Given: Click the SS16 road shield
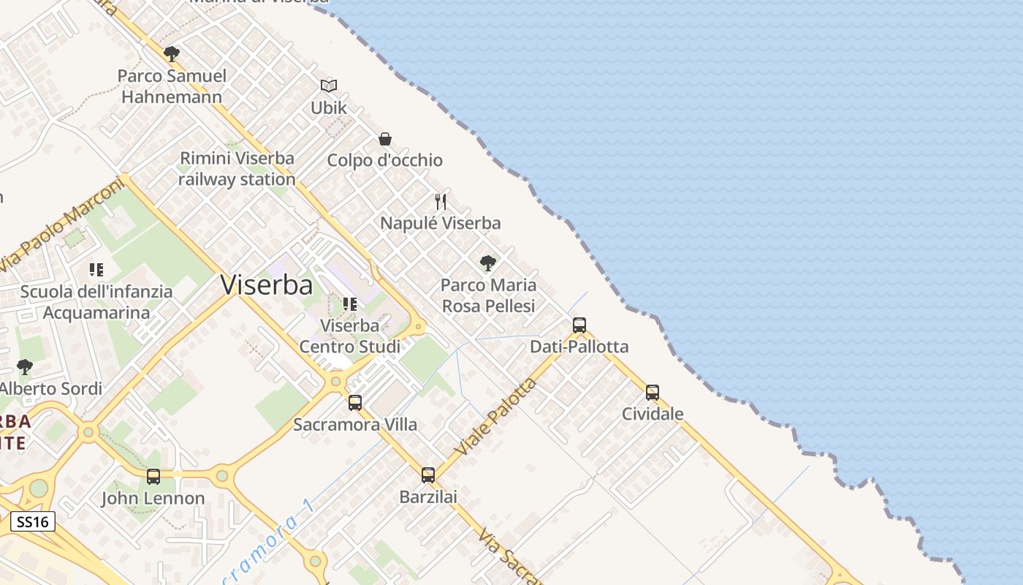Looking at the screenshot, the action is (33, 521).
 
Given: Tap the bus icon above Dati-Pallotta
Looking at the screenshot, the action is (579, 325).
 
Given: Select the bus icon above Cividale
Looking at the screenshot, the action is (653, 393).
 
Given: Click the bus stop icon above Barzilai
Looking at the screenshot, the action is (428, 475).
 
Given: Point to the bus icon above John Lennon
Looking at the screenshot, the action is (153, 477).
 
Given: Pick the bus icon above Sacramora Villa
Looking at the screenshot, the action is (355, 402).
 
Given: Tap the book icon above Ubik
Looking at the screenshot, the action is (329, 86).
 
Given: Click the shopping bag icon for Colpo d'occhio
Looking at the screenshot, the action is (385, 139).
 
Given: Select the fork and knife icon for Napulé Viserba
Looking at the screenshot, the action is (441, 202).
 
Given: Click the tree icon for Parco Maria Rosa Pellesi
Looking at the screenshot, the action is (488, 263).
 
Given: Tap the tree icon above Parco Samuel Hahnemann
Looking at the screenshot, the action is (172, 54).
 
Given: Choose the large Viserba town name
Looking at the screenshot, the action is (267, 284).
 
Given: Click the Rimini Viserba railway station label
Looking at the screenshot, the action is (237, 169).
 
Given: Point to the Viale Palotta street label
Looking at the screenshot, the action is (495, 415).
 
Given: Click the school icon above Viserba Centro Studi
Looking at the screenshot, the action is (350, 304).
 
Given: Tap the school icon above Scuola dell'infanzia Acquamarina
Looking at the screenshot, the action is (96, 270).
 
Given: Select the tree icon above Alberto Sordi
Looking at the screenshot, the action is (25, 366).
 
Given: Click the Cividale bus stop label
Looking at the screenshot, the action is (653, 414).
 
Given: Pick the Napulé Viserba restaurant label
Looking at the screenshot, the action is (441, 223).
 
